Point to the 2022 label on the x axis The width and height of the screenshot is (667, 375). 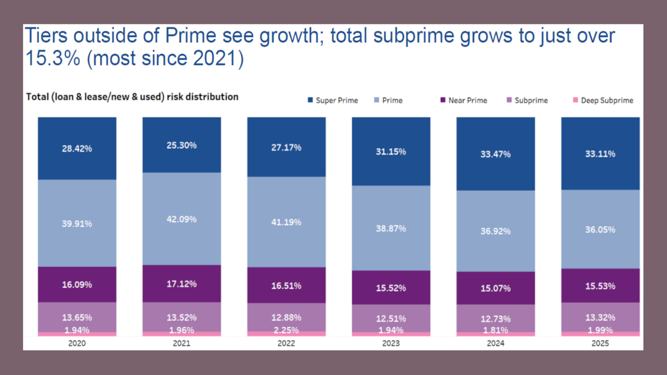[286, 343]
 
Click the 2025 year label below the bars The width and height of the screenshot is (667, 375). [600, 343]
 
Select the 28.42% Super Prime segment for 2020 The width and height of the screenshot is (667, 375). [77, 148]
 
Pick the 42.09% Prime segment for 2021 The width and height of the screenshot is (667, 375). [182, 219]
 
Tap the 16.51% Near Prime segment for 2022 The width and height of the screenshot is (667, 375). [286, 285]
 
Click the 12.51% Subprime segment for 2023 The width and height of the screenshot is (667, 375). [391, 318]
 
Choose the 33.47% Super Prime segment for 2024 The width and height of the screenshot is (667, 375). [495, 154]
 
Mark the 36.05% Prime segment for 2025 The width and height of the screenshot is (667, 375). [600, 229]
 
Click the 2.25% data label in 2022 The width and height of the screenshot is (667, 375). [286, 330]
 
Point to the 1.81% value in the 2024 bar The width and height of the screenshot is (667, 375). [495, 330]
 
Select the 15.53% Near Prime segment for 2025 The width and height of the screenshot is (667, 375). [600, 286]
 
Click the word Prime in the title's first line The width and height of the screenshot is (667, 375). [191, 36]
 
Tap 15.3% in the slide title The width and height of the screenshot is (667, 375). [52, 58]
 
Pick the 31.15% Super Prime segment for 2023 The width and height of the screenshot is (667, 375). [391, 152]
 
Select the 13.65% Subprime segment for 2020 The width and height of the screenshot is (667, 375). [77, 317]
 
